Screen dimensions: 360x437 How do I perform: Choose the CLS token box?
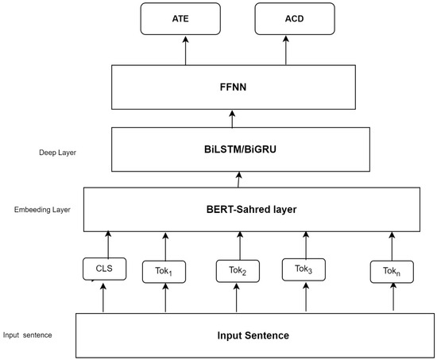(105, 269)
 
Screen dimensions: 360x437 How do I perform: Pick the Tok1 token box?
(165, 272)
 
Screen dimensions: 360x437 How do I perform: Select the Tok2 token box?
(238, 271)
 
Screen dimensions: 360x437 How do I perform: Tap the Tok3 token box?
(304, 269)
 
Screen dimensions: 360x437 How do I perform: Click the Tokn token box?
(390, 272)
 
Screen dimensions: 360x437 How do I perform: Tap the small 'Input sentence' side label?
(27, 335)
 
